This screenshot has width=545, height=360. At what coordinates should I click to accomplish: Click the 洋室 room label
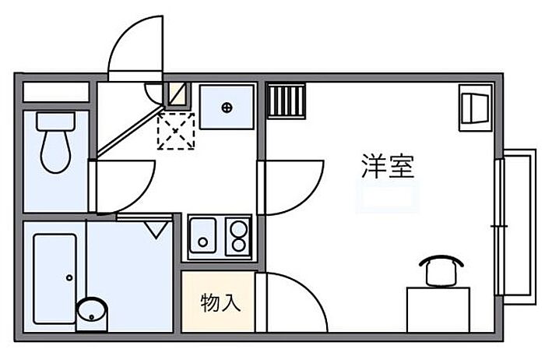[388, 167]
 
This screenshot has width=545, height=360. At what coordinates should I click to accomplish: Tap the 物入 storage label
[220, 302]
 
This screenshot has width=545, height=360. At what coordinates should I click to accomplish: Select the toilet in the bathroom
[55, 143]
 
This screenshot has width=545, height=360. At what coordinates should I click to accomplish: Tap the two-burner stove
[237, 236]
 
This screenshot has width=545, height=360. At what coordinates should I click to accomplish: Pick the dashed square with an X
[176, 130]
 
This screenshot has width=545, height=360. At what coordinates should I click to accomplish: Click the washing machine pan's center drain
[227, 107]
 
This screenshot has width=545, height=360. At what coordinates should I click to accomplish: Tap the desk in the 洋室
[438, 309]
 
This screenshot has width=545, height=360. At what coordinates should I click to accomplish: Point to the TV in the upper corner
[474, 105]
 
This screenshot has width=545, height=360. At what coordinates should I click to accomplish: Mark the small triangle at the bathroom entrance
[157, 228]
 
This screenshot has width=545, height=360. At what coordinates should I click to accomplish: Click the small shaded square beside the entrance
[178, 94]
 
